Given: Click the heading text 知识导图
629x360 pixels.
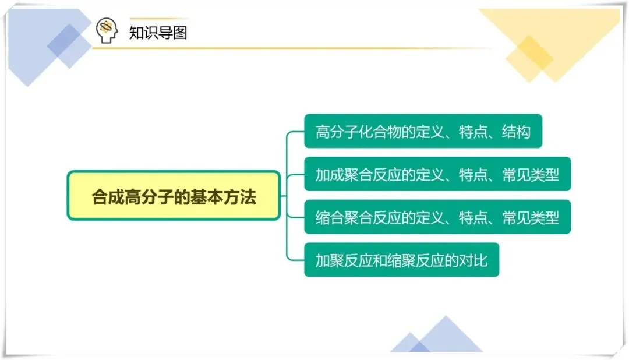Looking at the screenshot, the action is pos(158,32).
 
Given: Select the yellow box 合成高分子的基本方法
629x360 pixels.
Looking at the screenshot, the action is pos(174,196).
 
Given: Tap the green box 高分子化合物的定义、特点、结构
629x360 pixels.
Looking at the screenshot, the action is pos(423,131).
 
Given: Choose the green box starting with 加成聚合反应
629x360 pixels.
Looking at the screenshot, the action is pos(437,174).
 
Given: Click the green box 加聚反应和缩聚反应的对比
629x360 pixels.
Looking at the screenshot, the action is pos(401,260).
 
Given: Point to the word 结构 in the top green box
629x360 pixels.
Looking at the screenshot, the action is pos(515,132).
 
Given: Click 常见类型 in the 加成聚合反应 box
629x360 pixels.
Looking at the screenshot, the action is pos(530,174).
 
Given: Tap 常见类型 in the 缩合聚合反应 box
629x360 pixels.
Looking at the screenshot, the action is pos(530,217).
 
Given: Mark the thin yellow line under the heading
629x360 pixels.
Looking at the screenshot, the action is pos(291,48).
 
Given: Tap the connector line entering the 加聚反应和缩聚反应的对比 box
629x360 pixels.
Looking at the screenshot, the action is pos(296,260).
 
